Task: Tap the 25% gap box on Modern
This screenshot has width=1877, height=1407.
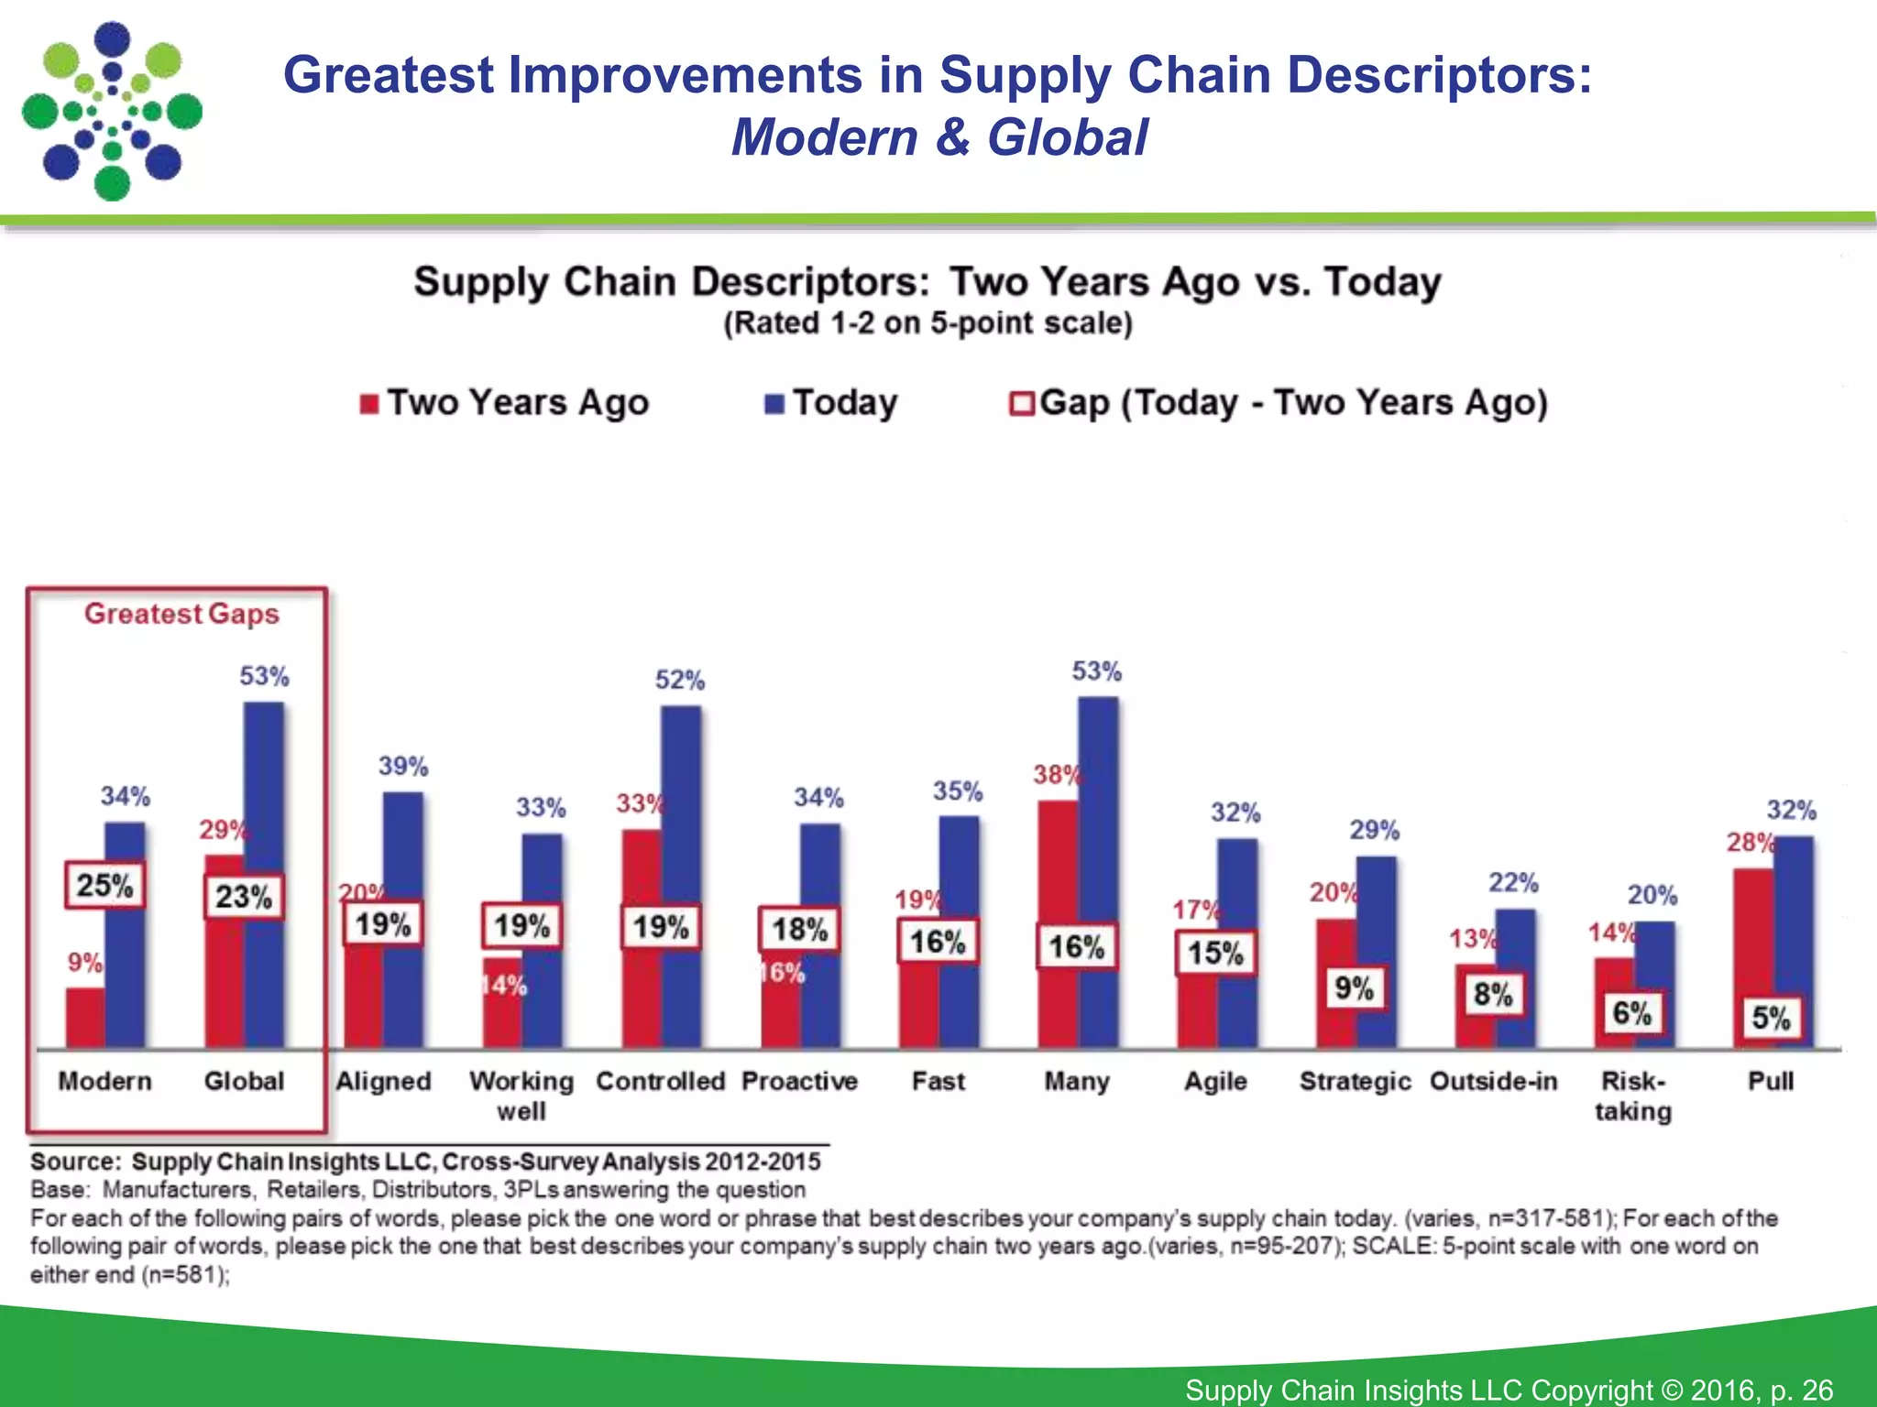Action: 104,886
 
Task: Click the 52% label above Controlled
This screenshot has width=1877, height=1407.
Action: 679,680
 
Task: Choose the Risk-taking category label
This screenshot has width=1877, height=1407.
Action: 1632,1096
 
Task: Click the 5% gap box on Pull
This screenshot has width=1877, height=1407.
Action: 1771,1018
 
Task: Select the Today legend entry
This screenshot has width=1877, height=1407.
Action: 831,403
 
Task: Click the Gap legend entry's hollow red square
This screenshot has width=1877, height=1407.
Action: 1021,404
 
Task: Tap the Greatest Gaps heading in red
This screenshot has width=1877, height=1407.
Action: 181,614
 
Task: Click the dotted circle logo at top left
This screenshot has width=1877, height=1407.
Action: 112,112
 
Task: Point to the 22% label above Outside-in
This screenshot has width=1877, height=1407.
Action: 1513,883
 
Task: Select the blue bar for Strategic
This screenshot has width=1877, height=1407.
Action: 1376,916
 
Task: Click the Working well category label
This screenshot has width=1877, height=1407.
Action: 521,1096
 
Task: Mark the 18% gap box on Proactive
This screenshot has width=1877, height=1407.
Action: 798,930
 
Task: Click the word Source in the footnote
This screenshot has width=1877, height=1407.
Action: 74,1162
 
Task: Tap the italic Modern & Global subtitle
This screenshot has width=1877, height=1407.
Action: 938,137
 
